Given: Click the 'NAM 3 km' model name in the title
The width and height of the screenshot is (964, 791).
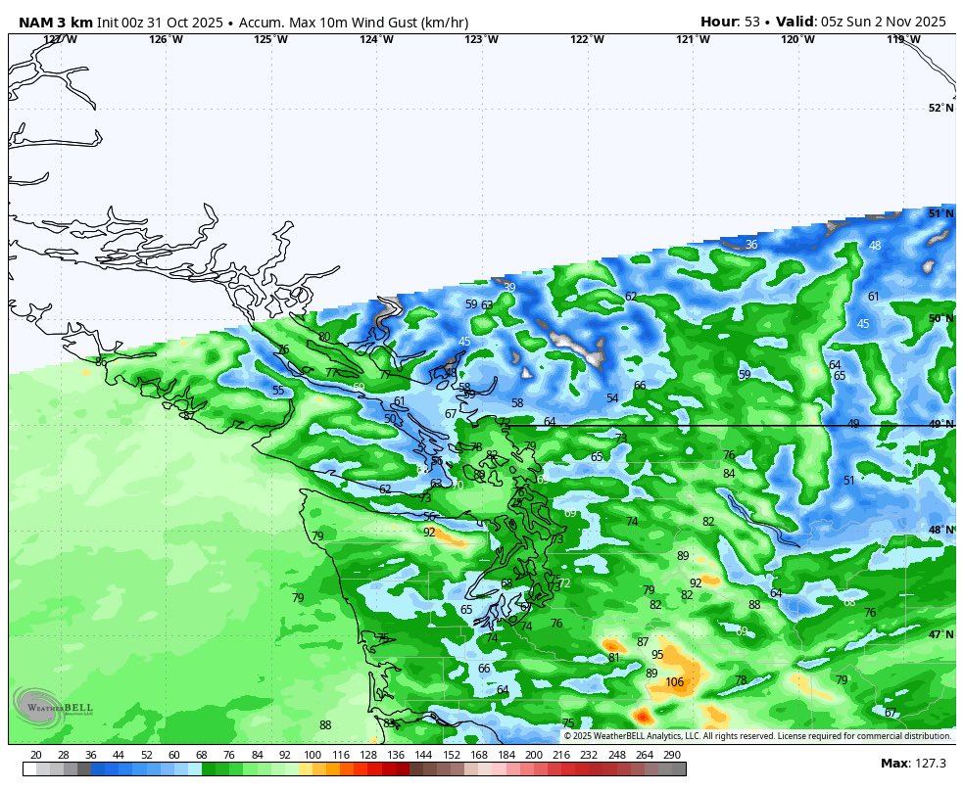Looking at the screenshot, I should pyautogui.click(x=56, y=22).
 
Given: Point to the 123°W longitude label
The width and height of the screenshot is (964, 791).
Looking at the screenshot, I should pyautogui.click(x=481, y=40).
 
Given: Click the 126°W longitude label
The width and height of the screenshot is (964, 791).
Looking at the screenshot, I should pyautogui.click(x=166, y=40).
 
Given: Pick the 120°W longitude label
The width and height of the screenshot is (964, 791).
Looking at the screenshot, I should pyautogui.click(x=797, y=40).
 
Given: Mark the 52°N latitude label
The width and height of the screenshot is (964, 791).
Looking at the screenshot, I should pyautogui.click(x=940, y=109).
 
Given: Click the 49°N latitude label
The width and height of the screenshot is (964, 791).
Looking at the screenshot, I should pyautogui.click(x=940, y=425).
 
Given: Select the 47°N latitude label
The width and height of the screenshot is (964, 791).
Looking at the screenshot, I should pyautogui.click(x=940, y=635).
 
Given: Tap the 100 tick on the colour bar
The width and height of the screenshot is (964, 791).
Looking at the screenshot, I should pyautogui.click(x=313, y=755).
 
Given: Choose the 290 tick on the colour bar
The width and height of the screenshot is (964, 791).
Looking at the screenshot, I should pyautogui.click(x=671, y=755).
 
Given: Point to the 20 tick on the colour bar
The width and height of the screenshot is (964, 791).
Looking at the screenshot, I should pyautogui.click(x=36, y=755).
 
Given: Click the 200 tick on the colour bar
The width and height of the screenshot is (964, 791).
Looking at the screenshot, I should pyautogui.click(x=533, y=755).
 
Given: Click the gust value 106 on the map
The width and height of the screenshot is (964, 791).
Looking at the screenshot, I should pyautogui.click(x=675, y=683).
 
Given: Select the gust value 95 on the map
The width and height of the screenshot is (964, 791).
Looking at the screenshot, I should pyautogui.click(x=657, y=656).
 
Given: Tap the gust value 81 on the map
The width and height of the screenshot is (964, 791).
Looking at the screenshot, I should pyautogui.click(x=613, y=658).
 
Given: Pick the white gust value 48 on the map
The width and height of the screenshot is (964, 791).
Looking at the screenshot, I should pyautogui.click(x=875, y=246).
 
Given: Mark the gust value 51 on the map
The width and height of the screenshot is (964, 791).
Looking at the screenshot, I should pyautogui.click(x=849, y=481).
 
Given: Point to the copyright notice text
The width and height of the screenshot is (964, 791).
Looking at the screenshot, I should pyautogui.click(x=757, y=736).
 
